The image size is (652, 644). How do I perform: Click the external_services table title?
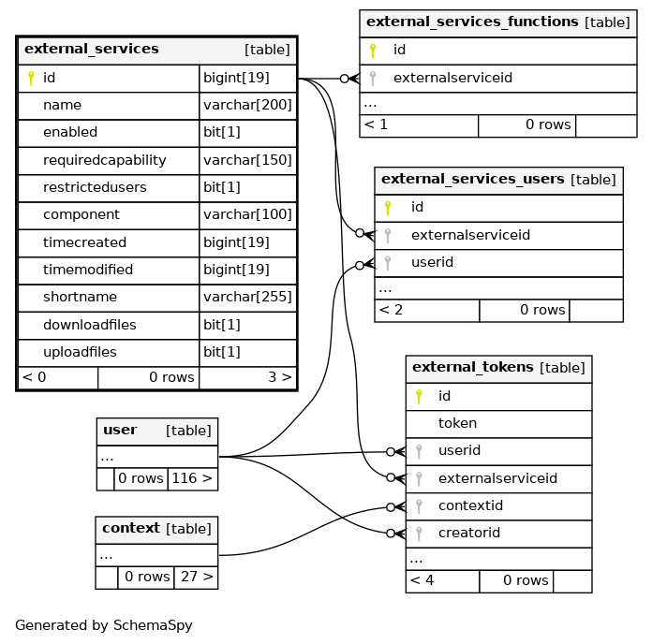coord(92,49)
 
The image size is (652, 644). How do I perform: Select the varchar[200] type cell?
coord(248,105)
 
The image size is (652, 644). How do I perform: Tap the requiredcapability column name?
coord(105,160)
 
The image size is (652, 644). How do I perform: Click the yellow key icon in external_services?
coord(31,78)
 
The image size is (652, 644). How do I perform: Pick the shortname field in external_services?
coord(81,297)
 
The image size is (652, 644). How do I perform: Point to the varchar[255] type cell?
coord(248,297)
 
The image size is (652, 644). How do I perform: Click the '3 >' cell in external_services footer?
coord(248,377)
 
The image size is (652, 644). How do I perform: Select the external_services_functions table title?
coord(472,22)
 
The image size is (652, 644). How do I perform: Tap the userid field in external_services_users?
coord(433,262)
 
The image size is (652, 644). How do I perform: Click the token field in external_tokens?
coord(457,423)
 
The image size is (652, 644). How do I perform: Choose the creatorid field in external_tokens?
coord(469,533)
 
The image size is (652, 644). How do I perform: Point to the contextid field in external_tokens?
coord(470,505)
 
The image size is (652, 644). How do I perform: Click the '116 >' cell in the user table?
coord(193,478)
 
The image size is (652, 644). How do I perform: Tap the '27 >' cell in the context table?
coord(196,578)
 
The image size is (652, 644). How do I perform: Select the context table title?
coord(131,528)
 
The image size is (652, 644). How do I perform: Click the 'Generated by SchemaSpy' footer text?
coord(104,625)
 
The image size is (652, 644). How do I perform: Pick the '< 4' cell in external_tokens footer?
coord(442,581)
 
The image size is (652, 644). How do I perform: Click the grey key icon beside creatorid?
coord(419,534)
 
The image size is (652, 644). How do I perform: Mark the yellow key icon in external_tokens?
coord(419,397)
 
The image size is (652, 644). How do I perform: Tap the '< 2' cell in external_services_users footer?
coord(427,311)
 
